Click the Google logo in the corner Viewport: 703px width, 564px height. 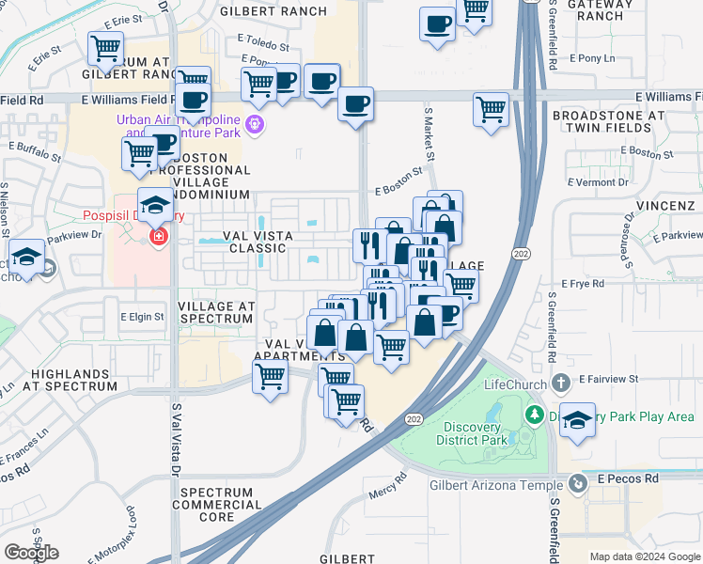31,553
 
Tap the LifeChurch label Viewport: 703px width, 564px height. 513,384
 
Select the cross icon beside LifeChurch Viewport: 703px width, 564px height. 560,382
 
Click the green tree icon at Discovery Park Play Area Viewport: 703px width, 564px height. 534,415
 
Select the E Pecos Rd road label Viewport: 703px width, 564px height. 625,478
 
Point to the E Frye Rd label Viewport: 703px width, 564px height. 587,283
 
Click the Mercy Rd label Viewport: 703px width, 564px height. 387,491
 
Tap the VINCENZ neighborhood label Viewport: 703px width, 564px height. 668,205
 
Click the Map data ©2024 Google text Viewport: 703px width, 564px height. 644,556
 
